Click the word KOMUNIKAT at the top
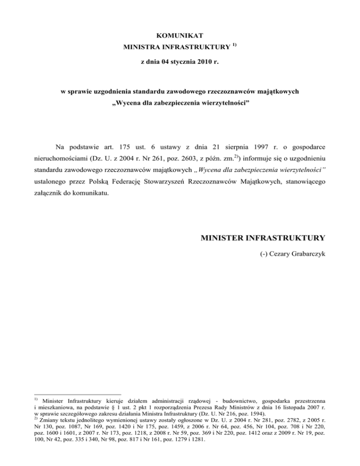click(180, 35)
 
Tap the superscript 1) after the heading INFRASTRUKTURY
click(233, 45)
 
